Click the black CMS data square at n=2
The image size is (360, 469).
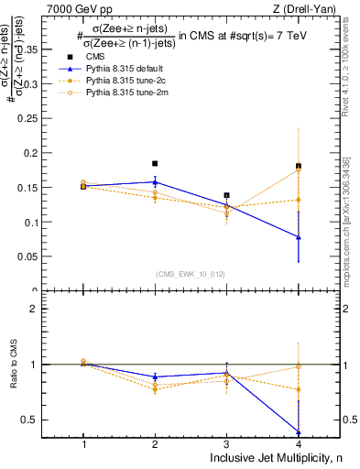[155, 164]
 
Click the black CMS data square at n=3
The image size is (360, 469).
[227, 195]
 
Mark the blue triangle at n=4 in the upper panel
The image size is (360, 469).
[299, 237]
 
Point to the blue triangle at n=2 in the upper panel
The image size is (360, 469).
[155, 181]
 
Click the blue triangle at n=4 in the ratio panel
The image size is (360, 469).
[299, 432]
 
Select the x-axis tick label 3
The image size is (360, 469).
[227, 443]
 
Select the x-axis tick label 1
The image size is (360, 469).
[83, 443]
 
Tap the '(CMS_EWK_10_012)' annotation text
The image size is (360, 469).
[191, 273]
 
